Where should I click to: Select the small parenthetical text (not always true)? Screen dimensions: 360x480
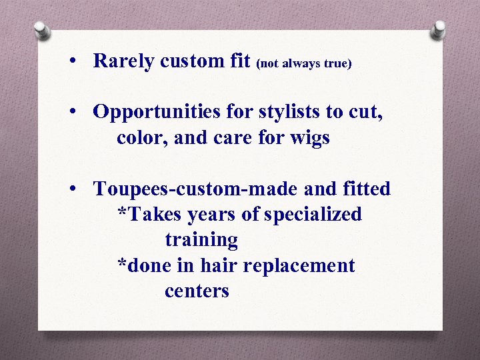(303, 63)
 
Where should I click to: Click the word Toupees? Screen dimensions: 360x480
(131, 189)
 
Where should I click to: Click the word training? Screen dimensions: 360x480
(201, 240)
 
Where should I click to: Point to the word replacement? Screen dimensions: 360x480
(299, 266)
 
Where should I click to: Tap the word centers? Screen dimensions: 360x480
(197, 291)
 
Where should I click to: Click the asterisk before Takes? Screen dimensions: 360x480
(121, 213)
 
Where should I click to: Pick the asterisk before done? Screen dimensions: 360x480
(121, 264)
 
